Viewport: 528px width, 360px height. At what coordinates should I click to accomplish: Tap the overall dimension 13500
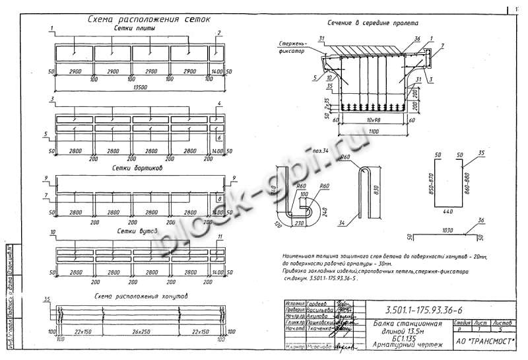point(140,87)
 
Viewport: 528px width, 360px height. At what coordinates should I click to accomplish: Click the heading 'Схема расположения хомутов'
point(142,295)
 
